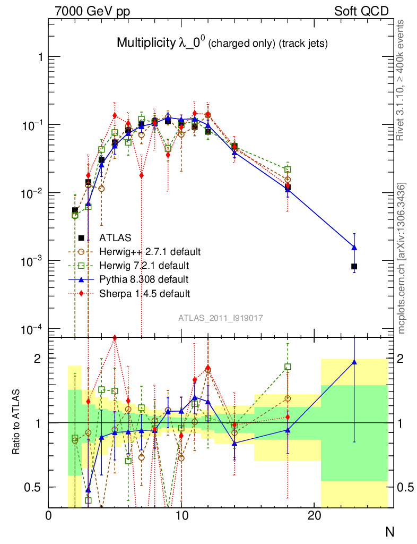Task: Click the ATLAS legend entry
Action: (114, 238)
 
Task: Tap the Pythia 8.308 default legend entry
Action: (143, 279)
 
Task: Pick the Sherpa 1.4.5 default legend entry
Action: (145, 293)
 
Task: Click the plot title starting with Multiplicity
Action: (222, 44)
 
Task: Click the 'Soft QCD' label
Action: (361, 11)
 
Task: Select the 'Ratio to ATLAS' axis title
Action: (18, 422)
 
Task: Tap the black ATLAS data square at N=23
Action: (354, 266)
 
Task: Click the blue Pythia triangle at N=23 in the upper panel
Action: (354, 248)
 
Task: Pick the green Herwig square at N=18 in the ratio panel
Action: (288, 367)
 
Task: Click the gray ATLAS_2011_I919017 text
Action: (221, 318)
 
